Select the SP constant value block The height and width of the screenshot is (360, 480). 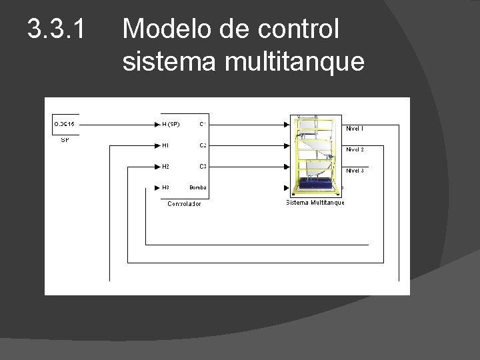tap(68, 124)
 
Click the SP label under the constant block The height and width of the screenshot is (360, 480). tap(65, 140)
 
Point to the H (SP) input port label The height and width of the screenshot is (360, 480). tap(171, 124)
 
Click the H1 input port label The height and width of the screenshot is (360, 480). tap(166, 145)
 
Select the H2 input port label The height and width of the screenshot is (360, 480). tap(166, 166)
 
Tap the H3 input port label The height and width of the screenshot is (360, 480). tap(166, 187)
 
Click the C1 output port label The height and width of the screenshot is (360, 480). tap(202, 124)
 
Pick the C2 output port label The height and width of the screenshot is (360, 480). tap(202, 145)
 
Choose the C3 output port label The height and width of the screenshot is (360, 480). tap(202, 166)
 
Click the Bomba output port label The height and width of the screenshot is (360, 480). tap(198, 187)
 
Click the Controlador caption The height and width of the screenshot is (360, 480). tap(184, 203)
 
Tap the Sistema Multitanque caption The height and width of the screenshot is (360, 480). tap(315, 203)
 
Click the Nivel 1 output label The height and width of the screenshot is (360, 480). tap(354, 127)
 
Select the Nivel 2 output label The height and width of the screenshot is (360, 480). tap(354, 149)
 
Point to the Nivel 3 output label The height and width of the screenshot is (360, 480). tap(354, 171)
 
